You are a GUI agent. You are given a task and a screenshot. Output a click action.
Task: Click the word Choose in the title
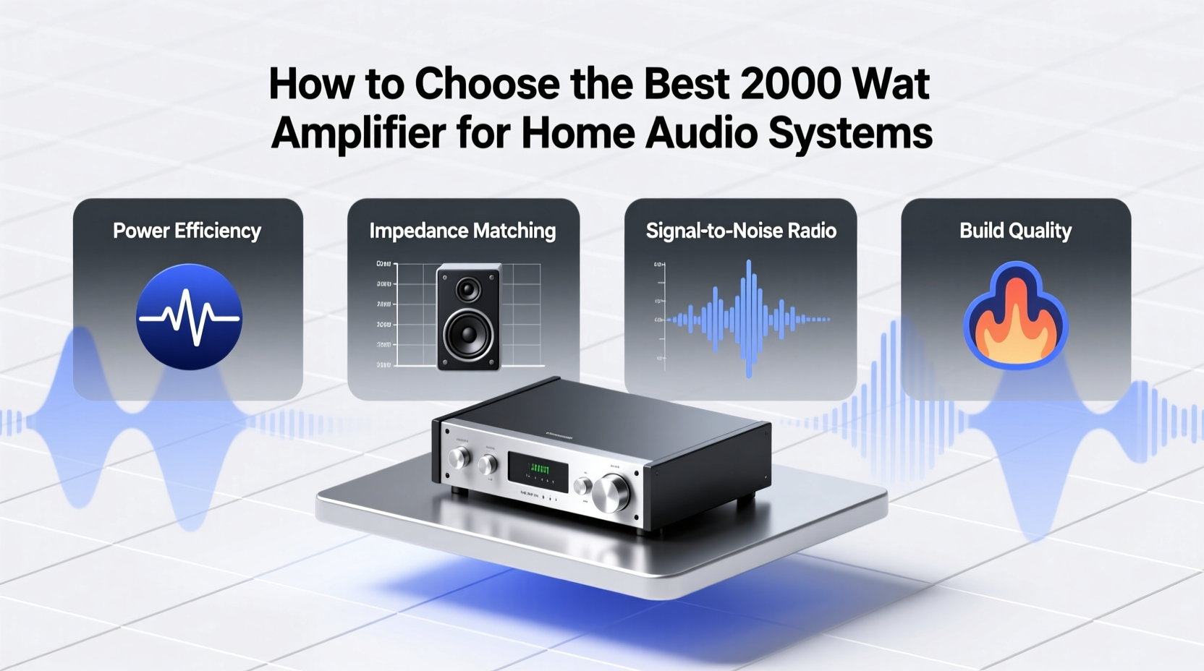tap(487, 84)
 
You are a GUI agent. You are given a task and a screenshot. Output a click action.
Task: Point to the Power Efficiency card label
tap(187, 231)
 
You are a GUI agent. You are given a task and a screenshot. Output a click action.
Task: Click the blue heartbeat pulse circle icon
tap(189, 317)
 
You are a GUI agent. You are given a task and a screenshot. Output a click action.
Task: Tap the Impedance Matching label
tap(462, 231)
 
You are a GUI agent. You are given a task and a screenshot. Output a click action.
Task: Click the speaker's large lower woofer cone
tap(468, 334)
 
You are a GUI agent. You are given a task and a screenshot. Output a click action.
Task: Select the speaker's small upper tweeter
tap(468, 290)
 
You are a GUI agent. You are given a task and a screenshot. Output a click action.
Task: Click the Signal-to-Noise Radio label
tap(740, 231)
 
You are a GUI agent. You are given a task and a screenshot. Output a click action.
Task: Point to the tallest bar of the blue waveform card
tap(748, 318)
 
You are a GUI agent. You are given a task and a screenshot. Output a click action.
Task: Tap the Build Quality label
tap(1015, 231)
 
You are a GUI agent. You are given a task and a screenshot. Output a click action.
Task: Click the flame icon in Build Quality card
tap(1015, 318)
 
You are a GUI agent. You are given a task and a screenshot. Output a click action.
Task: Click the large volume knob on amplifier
tap(611, 492)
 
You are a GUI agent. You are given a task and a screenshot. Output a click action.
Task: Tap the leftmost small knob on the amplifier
tap(459, 457)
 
